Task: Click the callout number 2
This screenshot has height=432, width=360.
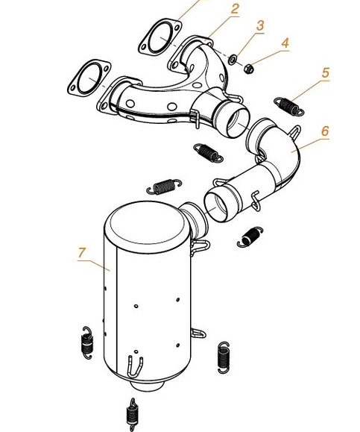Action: (x=235, y=9)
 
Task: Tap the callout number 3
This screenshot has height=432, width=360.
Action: (x=260, y=25)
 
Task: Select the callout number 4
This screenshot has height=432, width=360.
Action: (x=285, y=43)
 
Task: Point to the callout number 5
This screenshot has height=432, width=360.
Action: (x=326, y=72)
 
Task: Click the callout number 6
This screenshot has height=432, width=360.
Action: (x=325, y=131)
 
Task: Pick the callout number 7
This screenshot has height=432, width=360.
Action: (x=82, y=253)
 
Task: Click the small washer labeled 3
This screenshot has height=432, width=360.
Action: (x=233, y=60)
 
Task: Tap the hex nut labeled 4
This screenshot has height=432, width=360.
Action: (x=249, y=69)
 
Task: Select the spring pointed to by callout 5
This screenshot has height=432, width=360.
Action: (x=289, y=106)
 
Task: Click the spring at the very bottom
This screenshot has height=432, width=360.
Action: (x=132, y=414)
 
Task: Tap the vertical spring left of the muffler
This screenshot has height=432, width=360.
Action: (x=87, y=343)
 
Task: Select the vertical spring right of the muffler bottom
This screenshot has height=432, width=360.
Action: (x=223, y=357)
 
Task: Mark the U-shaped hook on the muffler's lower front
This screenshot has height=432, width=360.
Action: (x=135, y=366)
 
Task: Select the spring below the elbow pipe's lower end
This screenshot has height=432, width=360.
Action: (x=250, y=237)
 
